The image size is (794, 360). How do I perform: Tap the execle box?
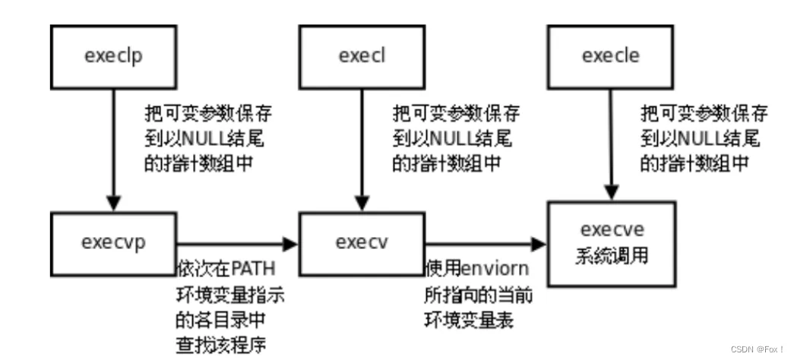(x=610, y=55)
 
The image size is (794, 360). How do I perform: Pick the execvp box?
(x=112, y=242)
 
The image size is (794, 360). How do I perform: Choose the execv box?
(x=360, y=242)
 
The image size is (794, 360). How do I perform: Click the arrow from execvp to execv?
(x=236, y=243)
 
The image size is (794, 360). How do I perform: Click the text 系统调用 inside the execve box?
(x=612, y=255)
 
